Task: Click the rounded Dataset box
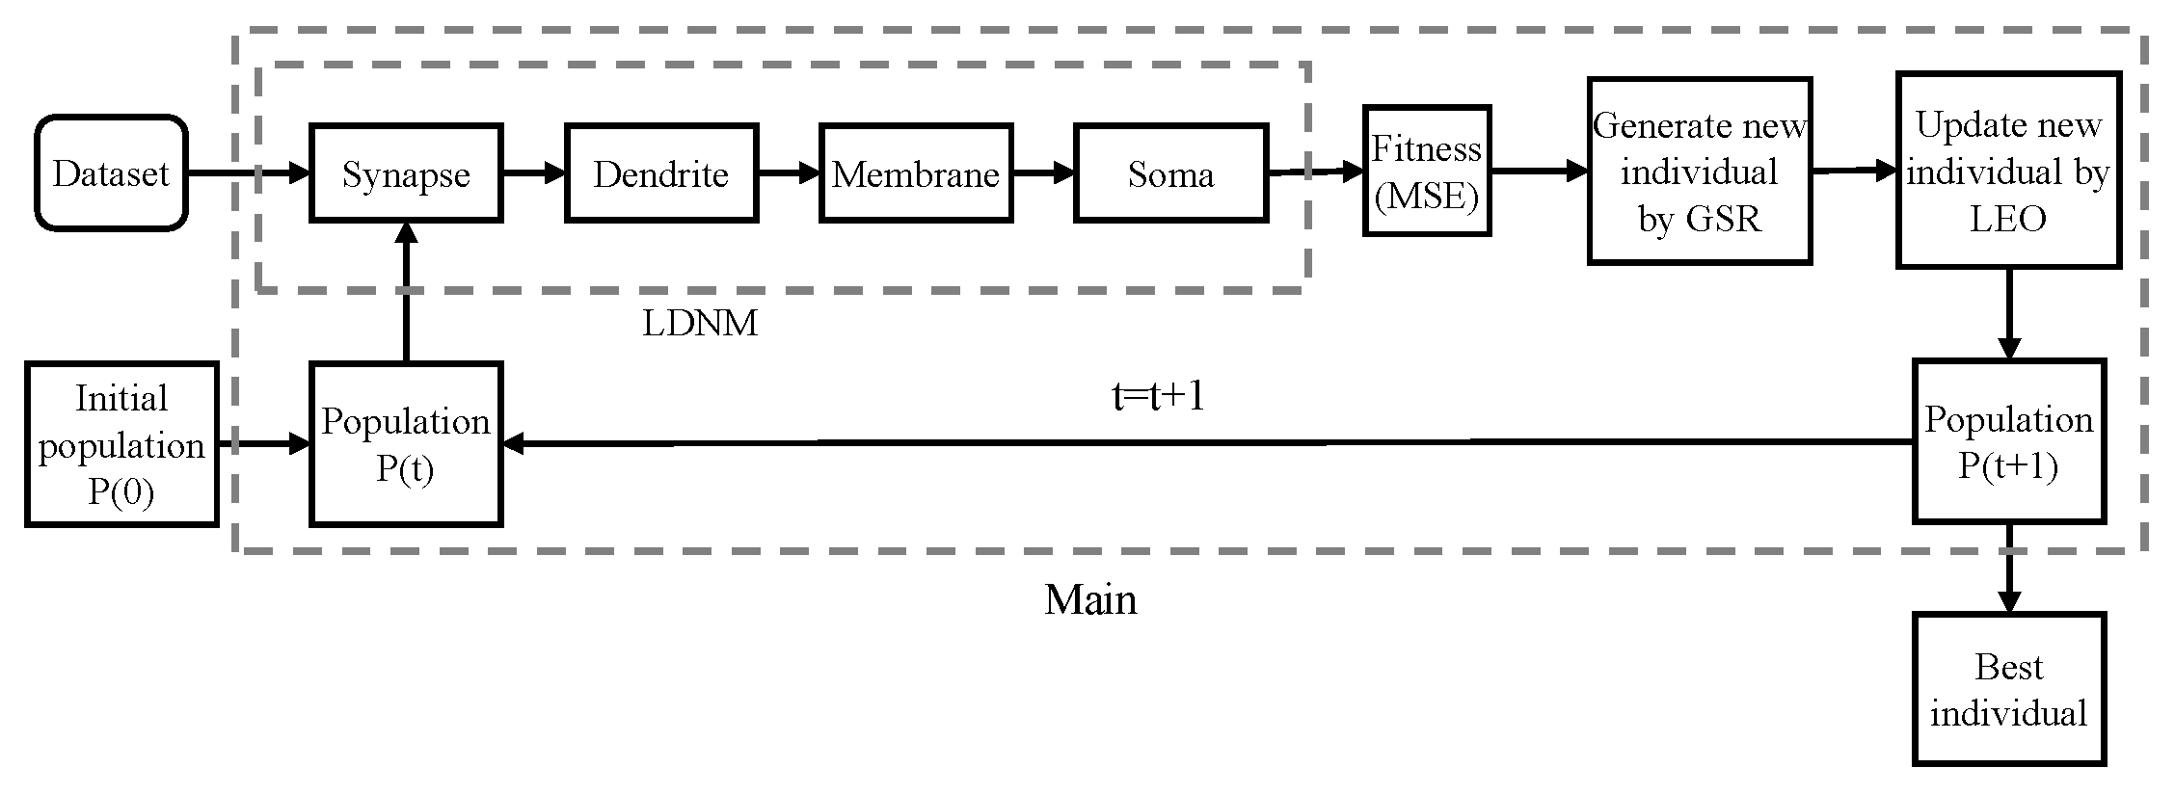(111, 173)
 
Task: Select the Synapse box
(406, 173)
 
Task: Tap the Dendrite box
(661, 173)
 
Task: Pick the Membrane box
(916, 173)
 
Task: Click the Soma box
(1170, 173)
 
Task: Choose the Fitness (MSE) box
(1427, 172)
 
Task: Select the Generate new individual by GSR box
(1700, 172)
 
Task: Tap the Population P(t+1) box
(2008, 441)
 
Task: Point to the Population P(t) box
(406, 444)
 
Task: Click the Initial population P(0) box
(121, 444)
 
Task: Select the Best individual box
(2008, 690)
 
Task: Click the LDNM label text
(700, 324)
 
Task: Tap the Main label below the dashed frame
(1090, 599)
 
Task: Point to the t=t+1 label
(1158, 396)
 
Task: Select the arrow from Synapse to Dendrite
(533, 173)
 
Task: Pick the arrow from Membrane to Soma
(1043, 173)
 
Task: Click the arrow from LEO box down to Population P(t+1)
(2008, 313)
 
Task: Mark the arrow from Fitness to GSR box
(1539, 172)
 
